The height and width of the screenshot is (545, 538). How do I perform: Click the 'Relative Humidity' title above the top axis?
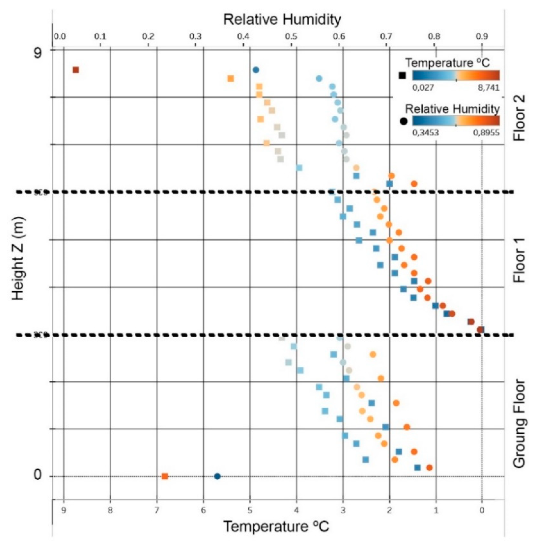click(282, 20)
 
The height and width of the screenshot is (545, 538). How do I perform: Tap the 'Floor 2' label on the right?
click(519, 118)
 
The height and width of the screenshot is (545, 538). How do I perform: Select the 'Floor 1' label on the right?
click(519, 260)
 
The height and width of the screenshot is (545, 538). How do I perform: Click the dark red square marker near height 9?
click(75, 70)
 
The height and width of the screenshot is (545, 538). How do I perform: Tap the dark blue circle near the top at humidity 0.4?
click(256, 70)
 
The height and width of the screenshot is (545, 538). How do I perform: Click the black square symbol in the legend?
click(402, 76)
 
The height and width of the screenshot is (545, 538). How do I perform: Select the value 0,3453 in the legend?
click(426, 133)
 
